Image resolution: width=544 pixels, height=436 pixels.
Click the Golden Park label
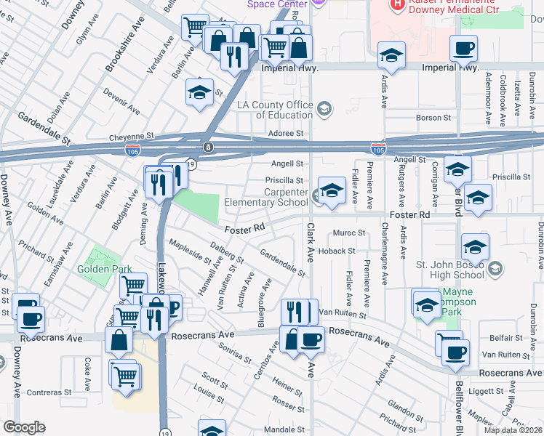pyautogui.click(x=105, y=269)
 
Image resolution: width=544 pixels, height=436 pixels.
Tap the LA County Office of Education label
pyautogui.click(x=275, y=110)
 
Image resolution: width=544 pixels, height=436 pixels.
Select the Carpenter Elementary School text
pyautogui.click(x=266, y=198)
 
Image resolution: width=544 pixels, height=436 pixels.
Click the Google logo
pyautogui.click(x=24, y=427)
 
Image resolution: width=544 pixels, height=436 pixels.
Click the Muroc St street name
pyautogui.click(x=349, y=233)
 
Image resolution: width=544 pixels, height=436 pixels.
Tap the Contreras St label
pyautogui.click(x=47, y=392)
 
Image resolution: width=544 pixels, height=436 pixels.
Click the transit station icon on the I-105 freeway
pyautogui.click(x=209, y=148)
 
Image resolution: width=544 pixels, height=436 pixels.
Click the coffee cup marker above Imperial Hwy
pyautogui.click(x=463, y=49)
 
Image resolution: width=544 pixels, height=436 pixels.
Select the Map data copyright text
pyautogui.click(x=513, y=430)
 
